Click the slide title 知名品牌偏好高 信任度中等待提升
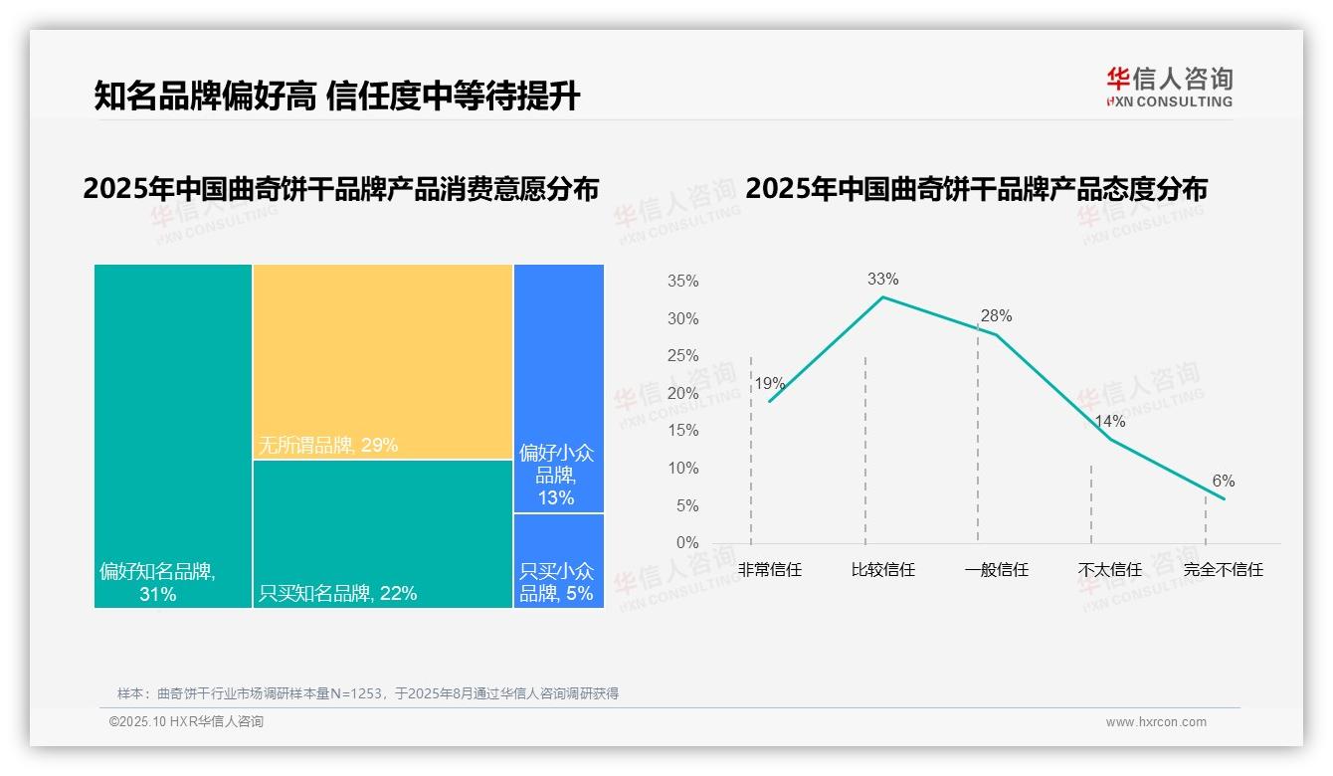pyautogui.click(x=336, y=96)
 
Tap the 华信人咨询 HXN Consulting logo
pyautogui.click(x=1169, y=88)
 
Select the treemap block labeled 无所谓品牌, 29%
pyautogui.click(x=382, y=361)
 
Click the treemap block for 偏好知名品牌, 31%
pyautogui.click(x=173, y=435)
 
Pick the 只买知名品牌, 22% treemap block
pyautogui.click(x=382, y=533)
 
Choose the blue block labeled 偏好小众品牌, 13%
pyautogui.click(x=558, y=388)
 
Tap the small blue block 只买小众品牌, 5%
pyautogui.click(x=558, y=560)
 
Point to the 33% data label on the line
pyautogui.click(x=882, y=280)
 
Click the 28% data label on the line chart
pyautogui.click(x=996, y=316)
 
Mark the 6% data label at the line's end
pyautogui.click(x=1223, y=482)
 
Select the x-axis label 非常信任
pyautogui.click(x=770, y=570)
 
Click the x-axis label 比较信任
pyautogui.click(x=882, y=570)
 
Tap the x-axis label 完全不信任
pyautogui.click(x=1223, y=570)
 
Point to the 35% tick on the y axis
pyautogui.click(x=682, y=282)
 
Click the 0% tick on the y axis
pyautogui.click(x=687, y=543)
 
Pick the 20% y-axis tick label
pyautogui.click(x=682, y=394)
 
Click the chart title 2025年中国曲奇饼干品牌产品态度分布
pyautogui.click(x=976, y=189)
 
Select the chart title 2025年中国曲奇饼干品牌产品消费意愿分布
pyautogui.click(x=341, y=189)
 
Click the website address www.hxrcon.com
pyautogui.click(x=1156, y=722)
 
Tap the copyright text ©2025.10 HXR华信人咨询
pyautogui.click(x=186, y=722)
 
